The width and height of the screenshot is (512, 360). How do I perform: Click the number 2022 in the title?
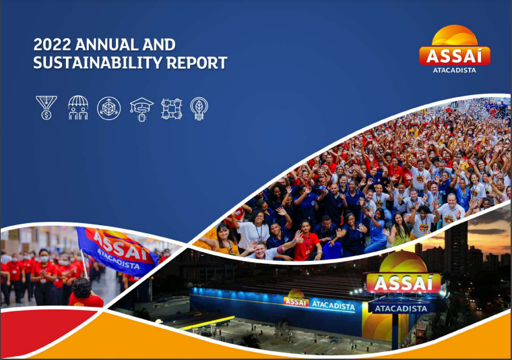tap(53, 44)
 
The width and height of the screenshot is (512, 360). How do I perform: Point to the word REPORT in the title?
tap(197, 63)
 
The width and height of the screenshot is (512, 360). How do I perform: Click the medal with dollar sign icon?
tap(46, 108)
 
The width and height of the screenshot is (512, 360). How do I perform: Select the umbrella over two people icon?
tap(78, 108)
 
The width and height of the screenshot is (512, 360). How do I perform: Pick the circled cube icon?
tap(108, 108)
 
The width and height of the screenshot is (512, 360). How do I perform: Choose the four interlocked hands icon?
tap(171, 109)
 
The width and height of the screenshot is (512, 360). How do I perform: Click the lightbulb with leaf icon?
tap(199, 109)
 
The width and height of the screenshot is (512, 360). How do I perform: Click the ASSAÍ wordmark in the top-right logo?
tap(454, 56)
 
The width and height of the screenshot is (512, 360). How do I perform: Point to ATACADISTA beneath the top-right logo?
tap(454, 70)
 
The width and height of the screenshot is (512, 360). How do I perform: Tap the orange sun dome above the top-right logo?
tap(455, 35)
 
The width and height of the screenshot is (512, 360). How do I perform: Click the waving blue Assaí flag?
tap(117, 250)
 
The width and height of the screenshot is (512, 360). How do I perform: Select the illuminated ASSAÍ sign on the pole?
tap(404, 282)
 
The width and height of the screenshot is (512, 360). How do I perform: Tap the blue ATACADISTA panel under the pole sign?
tap(401, 308)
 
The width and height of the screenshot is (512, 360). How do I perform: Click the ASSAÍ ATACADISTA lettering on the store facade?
tap(319, 303)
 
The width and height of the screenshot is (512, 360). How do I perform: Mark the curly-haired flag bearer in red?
tap(85, 293)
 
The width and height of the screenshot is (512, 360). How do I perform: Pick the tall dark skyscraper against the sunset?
tap(456, 247)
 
